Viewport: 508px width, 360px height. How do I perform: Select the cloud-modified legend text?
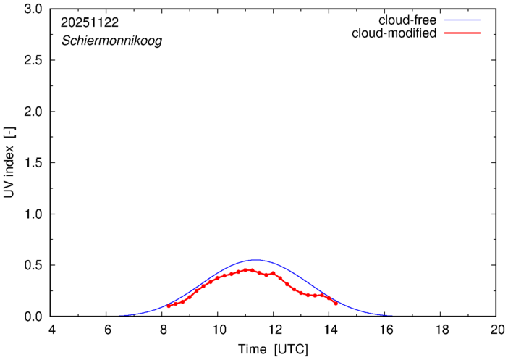[x=393, y=33]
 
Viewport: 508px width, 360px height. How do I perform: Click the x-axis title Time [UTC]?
[x=273, y=350]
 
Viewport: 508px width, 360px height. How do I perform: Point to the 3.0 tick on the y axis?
[x=32, y=9]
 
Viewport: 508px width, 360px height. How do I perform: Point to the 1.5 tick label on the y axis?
[x=32, y=163]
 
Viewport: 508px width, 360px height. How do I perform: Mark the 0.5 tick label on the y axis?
[x=32, y=265]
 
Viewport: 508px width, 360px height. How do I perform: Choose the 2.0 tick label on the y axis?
[x=32, y=112]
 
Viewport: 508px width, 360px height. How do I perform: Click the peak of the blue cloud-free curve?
[x=255, y=260]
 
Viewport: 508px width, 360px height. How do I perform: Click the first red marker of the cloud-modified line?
[x=169, y=306]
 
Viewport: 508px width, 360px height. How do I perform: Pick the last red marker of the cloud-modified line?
[x=336, y=303]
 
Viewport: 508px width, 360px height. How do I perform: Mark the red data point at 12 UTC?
[x=274, y=273]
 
